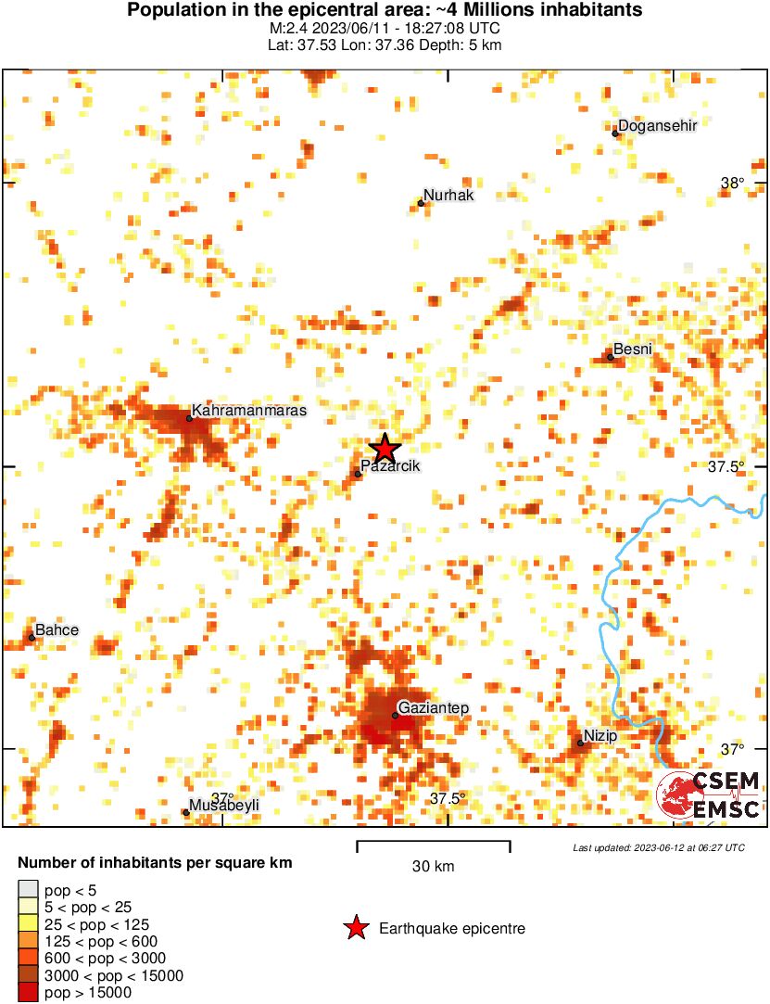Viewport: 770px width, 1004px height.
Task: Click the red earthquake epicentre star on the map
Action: [385, 449]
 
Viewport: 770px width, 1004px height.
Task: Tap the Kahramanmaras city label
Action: [248, 410]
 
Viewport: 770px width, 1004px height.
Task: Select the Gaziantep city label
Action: [434, 708]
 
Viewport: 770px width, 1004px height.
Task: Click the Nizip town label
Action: [601, 736]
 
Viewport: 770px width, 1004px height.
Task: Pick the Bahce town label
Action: [57, 630]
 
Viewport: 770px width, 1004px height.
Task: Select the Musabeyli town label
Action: [224, 806]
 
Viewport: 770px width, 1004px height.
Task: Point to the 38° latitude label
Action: [733, 184]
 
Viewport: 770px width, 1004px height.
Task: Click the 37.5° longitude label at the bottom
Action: [448, 799]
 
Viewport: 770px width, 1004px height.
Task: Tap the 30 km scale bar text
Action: [433, 867]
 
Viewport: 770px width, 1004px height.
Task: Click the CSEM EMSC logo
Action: [709, 795]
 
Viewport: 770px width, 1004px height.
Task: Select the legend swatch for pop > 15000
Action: [28, 992]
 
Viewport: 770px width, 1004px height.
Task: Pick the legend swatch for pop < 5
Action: [28, 891]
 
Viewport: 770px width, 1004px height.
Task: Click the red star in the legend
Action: [355, 928]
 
